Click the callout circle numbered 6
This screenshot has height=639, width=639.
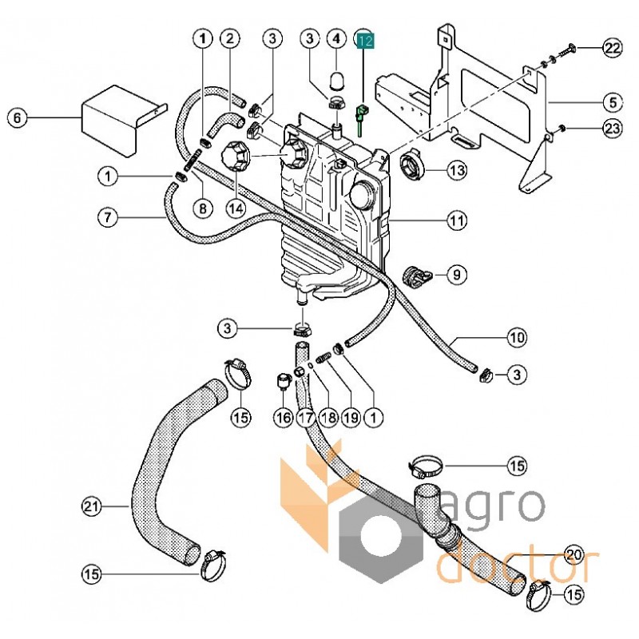[x=18, y=119]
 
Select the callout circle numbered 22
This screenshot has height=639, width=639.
[x=611, y=49]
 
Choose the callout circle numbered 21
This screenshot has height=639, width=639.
[x=92, y=506]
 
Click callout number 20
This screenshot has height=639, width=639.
[x=574, y=554]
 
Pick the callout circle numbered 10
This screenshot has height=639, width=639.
[x=517, y=337]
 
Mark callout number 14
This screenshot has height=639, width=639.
[x=234, y=208]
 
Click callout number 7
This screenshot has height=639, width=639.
[x=108, y=216]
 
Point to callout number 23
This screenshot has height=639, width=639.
[x=611, y=128]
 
